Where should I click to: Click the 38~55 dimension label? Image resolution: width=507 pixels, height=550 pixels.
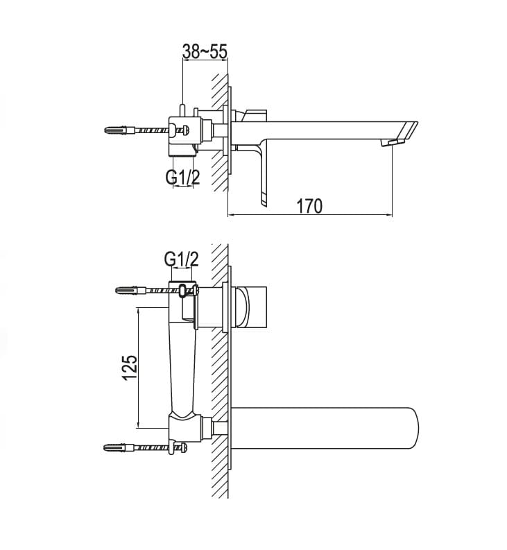(205, 51)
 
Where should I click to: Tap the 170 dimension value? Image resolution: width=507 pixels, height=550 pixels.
(309, 206)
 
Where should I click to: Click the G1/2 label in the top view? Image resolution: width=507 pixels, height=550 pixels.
(183, 177)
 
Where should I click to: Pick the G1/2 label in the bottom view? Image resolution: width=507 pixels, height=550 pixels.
(182, 259)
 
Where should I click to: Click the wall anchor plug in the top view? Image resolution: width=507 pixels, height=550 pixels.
(119, 130)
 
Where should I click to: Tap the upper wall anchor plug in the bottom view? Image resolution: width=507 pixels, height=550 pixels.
(130, 291)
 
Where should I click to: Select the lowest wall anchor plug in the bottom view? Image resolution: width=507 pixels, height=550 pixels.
(118, 447)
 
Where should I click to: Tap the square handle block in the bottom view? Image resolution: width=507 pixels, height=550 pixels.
(252, 307)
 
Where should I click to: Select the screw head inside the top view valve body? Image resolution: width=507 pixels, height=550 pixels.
(187, 130)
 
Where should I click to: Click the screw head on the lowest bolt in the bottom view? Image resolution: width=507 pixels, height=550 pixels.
(184, 447)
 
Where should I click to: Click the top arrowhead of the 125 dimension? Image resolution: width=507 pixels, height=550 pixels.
(139, 311)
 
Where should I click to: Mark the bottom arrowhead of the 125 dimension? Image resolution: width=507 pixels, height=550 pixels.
(139, 424)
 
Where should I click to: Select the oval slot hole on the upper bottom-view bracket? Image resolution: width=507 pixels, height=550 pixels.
(183, 291)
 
